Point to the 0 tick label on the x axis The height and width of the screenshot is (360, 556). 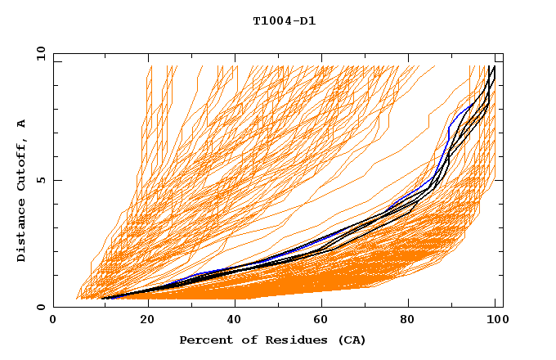pos(53,321)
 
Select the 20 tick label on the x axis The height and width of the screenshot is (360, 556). pos(142,321)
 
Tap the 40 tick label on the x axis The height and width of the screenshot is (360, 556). pos(231,321)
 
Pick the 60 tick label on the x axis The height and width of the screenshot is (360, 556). pos(321,321)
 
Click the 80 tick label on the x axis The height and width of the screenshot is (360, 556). pos(410,321)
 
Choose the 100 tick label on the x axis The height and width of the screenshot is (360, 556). pos(495,321)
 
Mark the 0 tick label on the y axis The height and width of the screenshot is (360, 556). pos(42,308)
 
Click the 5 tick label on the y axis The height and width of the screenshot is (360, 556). pos(42,181)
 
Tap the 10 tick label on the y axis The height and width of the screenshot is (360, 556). pos(38,54)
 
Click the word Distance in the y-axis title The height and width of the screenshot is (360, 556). pos(22,232)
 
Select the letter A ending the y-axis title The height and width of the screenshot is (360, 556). pos(22,123)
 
